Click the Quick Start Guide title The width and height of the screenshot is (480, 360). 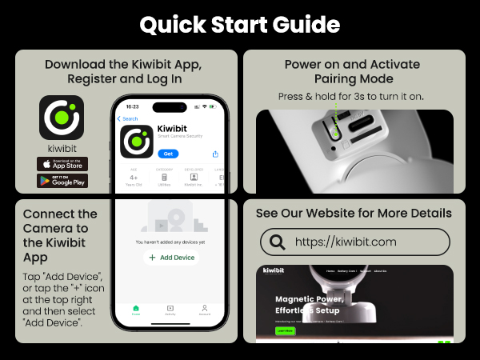(x=240, y=24)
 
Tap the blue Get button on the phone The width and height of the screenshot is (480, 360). (x=168, y=153)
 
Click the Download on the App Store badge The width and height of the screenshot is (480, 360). (x=62, y=163)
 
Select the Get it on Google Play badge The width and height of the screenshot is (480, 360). (x=62, y=181)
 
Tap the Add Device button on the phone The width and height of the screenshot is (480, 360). (x=170, y=258)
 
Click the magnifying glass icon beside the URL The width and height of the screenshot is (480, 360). (x=278, y=242)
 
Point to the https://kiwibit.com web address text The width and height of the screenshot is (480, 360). (x=345, y=242)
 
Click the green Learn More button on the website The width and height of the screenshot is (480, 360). (x=284, y=330)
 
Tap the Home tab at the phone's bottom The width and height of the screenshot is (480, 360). (x=136, y=310)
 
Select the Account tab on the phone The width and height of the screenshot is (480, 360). (x=204, y=310)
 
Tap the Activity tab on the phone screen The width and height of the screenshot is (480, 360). (x=170, y=310)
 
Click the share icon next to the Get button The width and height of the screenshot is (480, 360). (x=215, y=154)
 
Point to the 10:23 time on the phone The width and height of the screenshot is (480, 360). (x=132, y=106)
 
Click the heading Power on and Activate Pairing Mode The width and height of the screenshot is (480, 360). (x=353, y=71)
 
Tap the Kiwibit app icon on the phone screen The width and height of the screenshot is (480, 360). (x=137, y=141)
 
